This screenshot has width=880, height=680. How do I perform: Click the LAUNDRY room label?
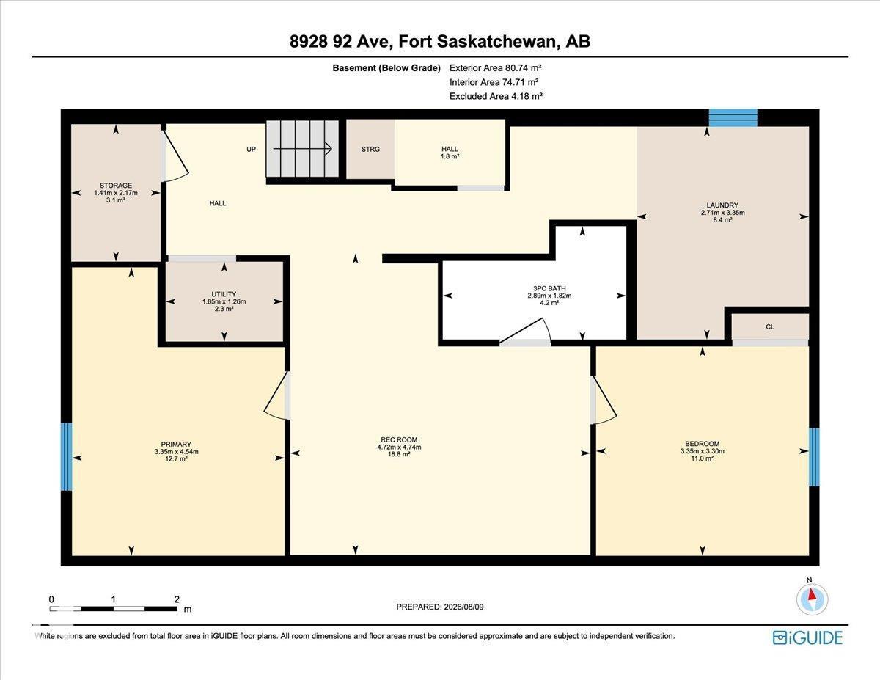click(722, 205)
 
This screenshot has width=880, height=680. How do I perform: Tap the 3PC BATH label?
click(549, 288)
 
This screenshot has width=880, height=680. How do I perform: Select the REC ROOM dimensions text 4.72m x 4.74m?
click(399, 447)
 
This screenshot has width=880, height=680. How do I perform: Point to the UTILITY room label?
click(224, 294)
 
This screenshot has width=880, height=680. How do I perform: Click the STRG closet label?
click(370, 149)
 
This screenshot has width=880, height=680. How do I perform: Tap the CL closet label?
click(770, 327)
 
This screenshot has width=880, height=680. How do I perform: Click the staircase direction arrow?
click(303, 149)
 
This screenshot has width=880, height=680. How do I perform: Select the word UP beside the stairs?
click(251, 149)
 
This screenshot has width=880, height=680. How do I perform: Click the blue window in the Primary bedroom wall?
click(67, 456)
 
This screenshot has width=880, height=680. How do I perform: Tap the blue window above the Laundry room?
click(733, 117)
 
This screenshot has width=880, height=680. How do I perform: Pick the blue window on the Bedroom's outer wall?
click(814, 457)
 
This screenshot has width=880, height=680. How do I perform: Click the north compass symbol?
click(812, 599)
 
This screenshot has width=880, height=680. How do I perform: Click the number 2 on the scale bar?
click(177, 599)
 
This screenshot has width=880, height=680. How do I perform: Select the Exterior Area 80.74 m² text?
click(495, 68)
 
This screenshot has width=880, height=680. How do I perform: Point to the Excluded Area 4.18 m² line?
click(496, 96)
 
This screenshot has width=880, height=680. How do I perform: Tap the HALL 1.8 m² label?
click(450, 153)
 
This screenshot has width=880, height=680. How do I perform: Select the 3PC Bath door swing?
click(525, 332)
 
